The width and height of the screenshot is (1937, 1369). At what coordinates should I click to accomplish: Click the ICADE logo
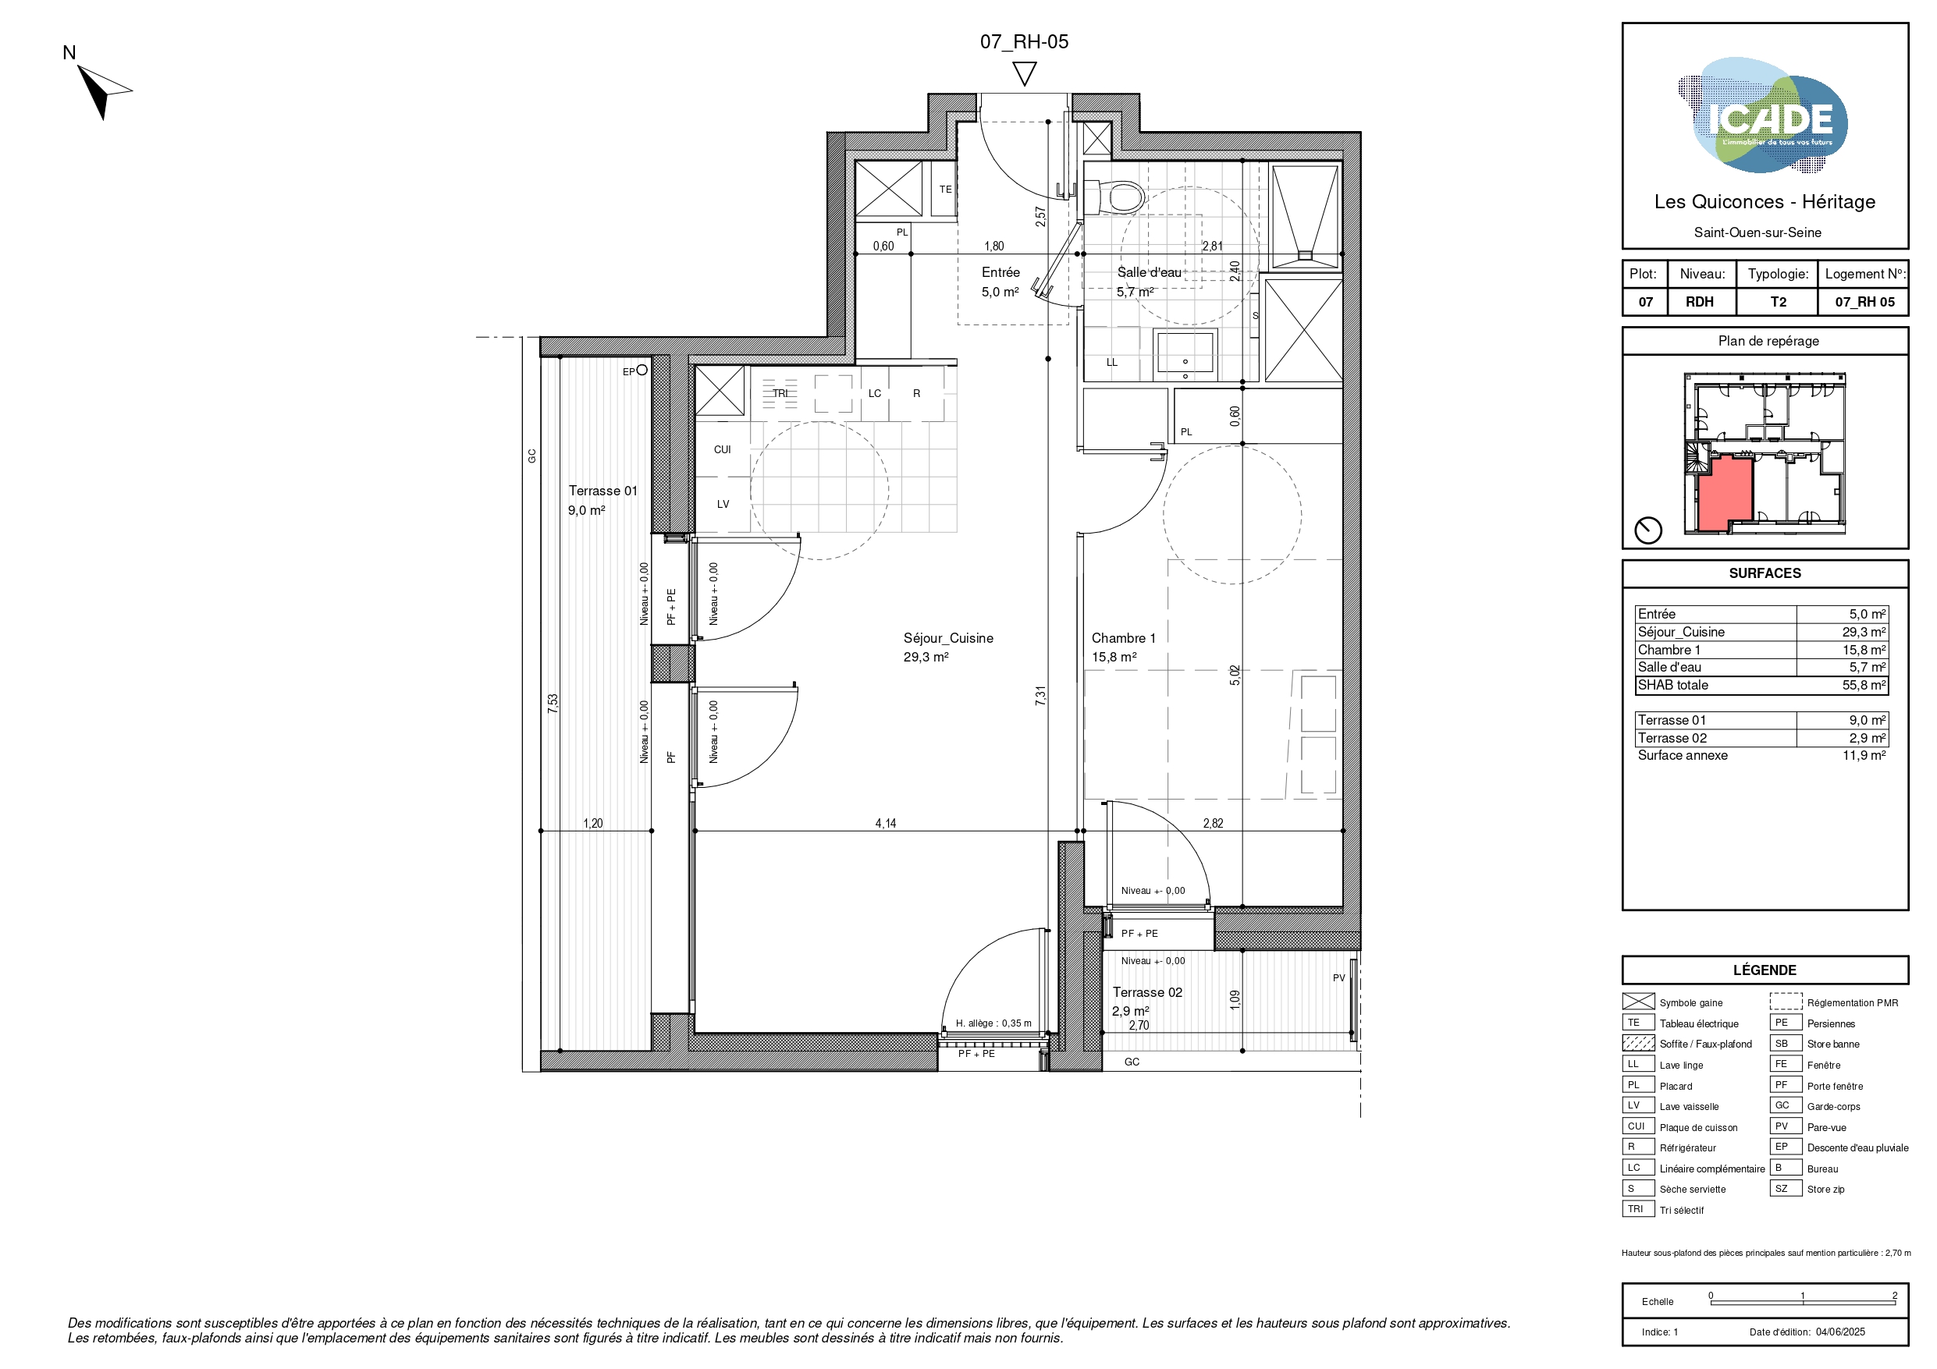pos(1762,115)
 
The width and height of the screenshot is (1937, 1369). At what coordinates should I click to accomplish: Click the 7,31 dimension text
pos(1040,696)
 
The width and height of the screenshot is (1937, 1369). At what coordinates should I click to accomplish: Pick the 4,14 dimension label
pos(885,823)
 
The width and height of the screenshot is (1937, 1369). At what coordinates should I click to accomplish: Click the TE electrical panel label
pos(946,190)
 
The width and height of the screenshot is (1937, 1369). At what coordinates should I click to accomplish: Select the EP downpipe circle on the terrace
pos(642,370)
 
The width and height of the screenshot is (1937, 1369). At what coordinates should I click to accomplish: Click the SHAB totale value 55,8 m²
pos(1864,685)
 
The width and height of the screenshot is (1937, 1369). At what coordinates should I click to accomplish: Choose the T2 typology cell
pos(1778,302)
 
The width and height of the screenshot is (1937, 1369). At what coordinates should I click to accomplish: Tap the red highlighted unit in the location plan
pos(1725,494)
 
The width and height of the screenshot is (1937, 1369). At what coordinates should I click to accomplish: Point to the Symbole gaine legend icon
pos(1638,1002)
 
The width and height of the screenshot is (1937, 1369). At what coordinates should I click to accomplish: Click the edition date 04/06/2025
pos(1840,1332)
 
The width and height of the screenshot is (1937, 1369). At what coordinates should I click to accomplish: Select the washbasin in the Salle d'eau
pos(1185,351)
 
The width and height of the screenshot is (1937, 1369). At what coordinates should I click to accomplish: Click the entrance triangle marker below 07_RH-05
pos(1024,73)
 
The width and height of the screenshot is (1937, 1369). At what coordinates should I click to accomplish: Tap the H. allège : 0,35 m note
pos(993,1023)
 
